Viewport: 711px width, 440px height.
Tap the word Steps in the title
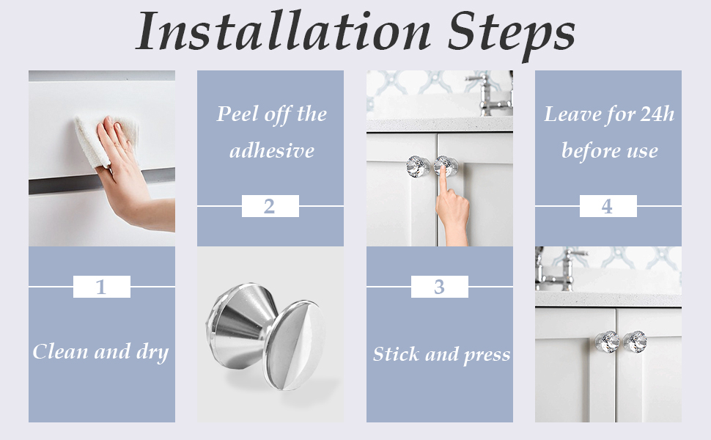pos(512,34)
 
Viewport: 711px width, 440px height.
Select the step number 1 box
pos(102,287)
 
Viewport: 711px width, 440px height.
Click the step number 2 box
pos(270,206)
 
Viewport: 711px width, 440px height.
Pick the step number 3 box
pos(439,287)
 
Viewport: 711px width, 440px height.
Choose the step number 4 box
pos(608,206)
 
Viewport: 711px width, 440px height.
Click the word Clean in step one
pos(61,351)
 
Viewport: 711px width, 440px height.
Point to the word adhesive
pos(272,150)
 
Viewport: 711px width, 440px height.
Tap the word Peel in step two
pos(237,114)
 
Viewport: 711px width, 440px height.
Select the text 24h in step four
pos(657,114)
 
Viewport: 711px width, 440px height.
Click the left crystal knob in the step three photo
pos(418,166)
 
